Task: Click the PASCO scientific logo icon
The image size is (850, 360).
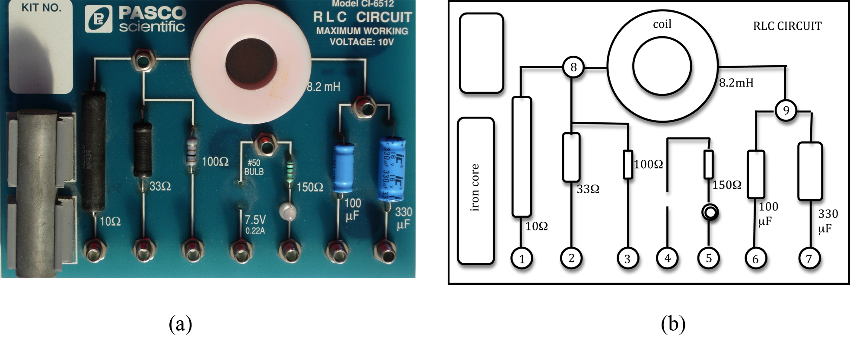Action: click(99, 19)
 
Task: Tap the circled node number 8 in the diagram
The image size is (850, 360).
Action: click(573, 67)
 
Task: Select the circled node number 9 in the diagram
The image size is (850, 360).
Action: click(786, 110)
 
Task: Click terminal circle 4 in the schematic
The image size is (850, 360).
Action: click(668, 258)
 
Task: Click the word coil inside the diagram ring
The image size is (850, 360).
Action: click(662, 24)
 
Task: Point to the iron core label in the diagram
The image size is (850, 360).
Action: click(475, 188)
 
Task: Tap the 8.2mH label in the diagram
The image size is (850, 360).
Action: click(736, 83)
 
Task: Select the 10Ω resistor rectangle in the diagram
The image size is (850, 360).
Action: click(522, 156)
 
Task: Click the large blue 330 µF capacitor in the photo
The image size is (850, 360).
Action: click(392, 169)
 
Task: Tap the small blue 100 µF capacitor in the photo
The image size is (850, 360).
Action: click(344, 169)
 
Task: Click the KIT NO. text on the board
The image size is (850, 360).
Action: click(41, 8)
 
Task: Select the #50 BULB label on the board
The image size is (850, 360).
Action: click(254, 167)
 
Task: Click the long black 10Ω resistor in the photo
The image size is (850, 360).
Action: click(94, 151)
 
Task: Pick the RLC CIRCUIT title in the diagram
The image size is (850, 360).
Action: click(787, 26)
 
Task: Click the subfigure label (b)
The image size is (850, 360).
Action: click(673, 324)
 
